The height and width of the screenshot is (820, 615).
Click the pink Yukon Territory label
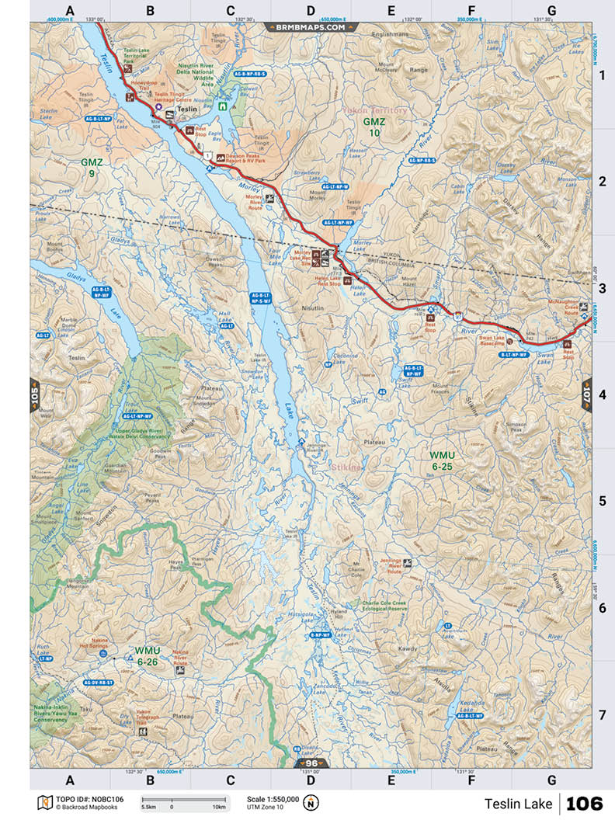[375, 110]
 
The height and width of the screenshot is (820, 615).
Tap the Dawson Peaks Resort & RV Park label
[251, 158]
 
